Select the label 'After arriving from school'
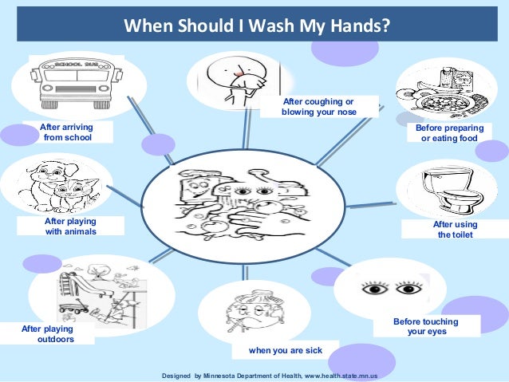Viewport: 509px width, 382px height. pos(67,132)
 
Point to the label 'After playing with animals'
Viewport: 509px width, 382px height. pos(70,226)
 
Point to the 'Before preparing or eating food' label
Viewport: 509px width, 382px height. pos(449,133)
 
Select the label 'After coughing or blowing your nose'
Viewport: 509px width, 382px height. pos(318,107)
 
